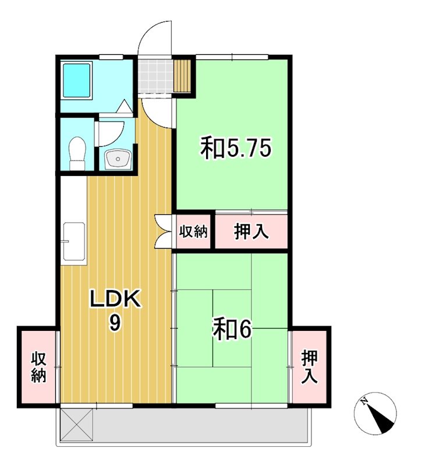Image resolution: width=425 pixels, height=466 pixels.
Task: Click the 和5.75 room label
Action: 236,148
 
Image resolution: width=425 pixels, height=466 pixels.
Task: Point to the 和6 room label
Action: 231,330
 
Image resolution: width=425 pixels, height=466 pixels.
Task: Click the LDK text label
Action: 115,300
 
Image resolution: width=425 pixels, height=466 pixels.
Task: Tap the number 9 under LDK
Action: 115,323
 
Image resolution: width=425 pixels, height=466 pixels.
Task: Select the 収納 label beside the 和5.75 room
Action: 193,231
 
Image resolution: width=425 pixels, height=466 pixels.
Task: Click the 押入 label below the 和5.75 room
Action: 251,231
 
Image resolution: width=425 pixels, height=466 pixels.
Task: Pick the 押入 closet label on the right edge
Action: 309,367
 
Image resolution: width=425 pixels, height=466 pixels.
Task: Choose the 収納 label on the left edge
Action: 38,367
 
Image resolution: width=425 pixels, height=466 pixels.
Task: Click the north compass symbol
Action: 375,413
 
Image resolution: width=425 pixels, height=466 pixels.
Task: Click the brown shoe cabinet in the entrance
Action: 184,76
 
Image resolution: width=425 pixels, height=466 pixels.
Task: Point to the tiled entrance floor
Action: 156,76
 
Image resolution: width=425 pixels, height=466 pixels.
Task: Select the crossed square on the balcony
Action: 76,425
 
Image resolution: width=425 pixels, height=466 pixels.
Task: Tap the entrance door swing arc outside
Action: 156,38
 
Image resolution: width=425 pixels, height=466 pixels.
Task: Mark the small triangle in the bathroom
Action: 125,107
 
